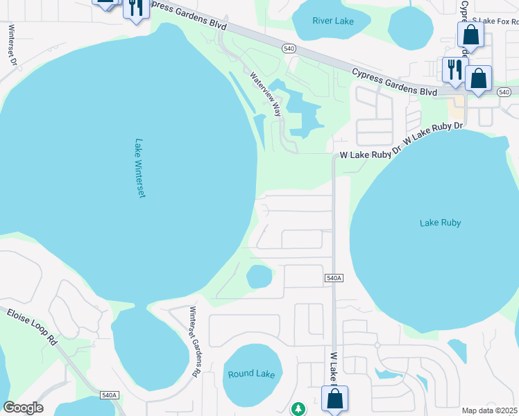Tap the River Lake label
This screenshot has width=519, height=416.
click(333, 21)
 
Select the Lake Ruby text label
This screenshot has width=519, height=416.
click(440, 223)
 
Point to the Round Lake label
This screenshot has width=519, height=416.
click(251, 374)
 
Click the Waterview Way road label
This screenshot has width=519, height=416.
click(266, 94)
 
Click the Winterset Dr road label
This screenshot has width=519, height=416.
click(12, 45)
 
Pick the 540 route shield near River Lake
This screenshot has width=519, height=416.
click(289, 48)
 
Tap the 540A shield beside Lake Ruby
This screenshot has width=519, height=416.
click(334, 278)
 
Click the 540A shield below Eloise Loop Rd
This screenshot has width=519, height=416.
click(110, 395)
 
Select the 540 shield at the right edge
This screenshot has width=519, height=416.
click(504, 92)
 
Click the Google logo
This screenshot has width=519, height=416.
click(23, 408)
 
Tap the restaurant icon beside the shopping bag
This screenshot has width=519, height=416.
click(454, 69)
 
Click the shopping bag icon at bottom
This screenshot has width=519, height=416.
click(334, 398)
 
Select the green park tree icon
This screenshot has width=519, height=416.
click(298, 408)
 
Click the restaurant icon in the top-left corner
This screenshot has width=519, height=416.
click(135, 8)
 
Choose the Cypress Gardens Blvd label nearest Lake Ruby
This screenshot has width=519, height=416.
click(394, 82)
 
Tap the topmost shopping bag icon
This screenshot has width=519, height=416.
click(470, 34)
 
